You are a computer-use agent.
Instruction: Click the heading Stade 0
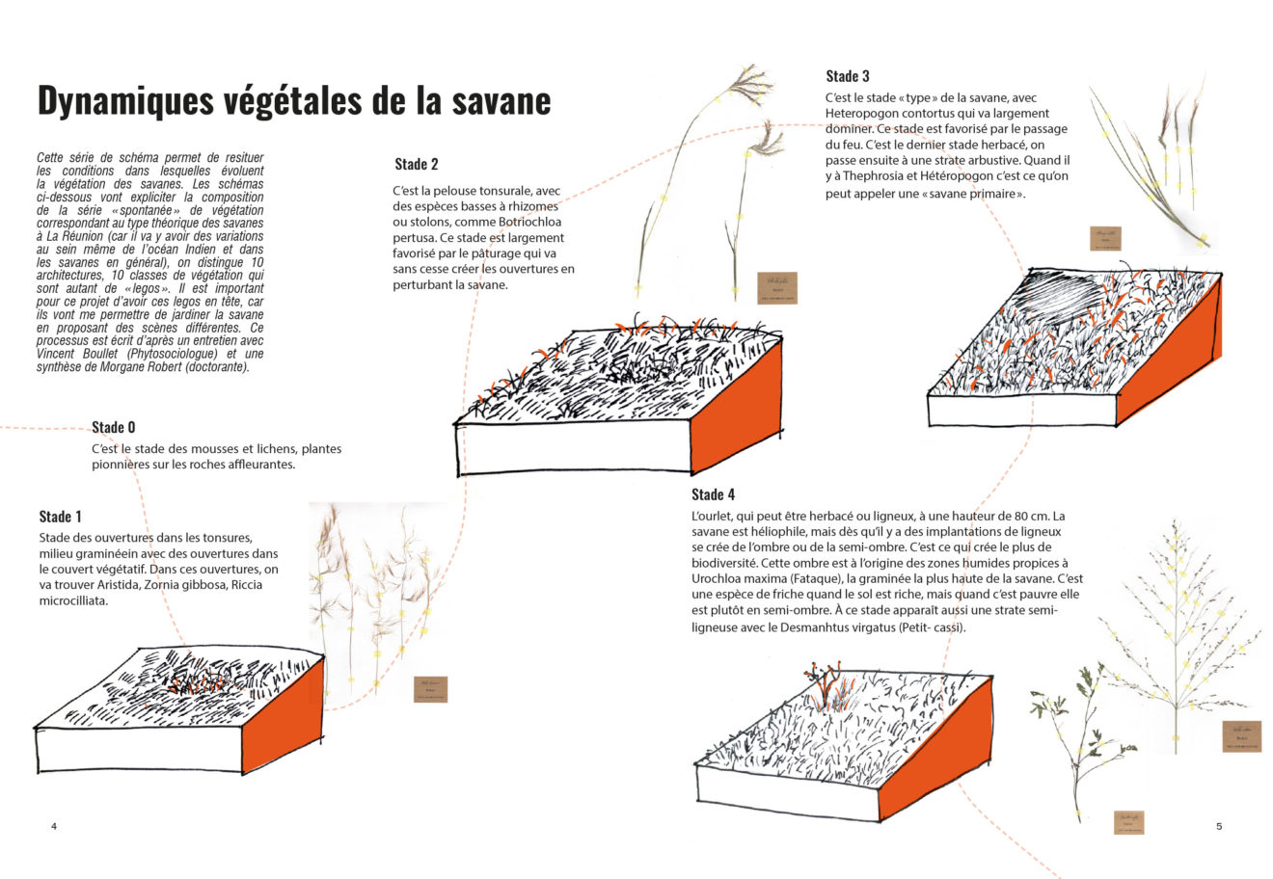[114, 427]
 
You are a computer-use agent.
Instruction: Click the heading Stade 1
[61, 517]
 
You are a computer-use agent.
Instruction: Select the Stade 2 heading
[417, 164]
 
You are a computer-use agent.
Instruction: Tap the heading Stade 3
[848, 76]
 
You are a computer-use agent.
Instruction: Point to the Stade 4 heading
[713, 494]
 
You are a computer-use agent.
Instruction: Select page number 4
[54, 826]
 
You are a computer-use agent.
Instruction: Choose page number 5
[1219, 826]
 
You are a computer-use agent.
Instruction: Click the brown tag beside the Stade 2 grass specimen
[772, 287]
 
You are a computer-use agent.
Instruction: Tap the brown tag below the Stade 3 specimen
[1105, 239]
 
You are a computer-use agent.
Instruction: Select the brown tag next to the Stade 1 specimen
[430, 689]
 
